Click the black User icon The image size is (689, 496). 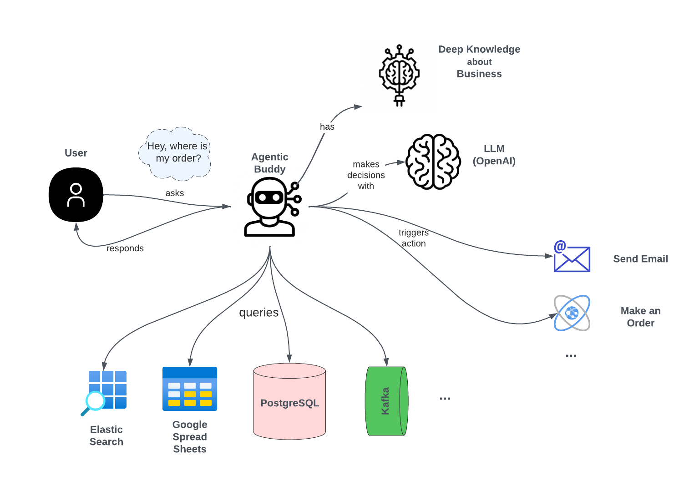[x=76, y=195]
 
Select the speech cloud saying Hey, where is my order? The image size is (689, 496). [x=176, y=153]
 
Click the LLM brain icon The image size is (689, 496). [x=433, y=162]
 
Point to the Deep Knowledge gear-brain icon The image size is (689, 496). [x=399, y=75]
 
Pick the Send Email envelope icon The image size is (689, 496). [x=572, y=258]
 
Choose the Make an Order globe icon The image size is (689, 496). [x=572, y=313]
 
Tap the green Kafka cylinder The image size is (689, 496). [x=386, y=401]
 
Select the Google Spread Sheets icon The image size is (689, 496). [x=190, y=389]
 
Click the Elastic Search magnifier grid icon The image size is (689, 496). [x=105, y=391]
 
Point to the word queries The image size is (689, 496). [x=258, y=313]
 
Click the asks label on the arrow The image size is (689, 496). [x=175, y=193]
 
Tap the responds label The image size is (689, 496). [x=125, y=248]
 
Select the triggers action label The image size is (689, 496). [x=414, y=238]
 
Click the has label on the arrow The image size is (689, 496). [x=327, y=127]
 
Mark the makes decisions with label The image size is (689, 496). [x=366, y=175]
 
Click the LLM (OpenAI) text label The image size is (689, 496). [x=494, y=155]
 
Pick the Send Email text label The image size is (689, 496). [x=640, y=259]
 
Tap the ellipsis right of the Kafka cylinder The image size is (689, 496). [x=445, y=399]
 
